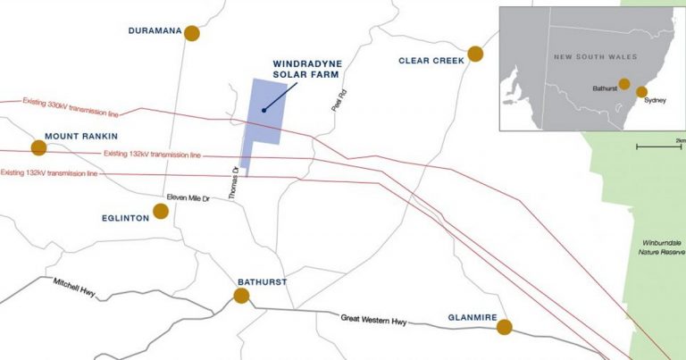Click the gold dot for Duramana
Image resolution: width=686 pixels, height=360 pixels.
[x=191, y=33]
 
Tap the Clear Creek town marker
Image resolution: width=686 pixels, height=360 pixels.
[x=475, y=54]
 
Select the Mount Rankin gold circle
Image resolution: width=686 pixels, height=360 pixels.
[x=38, y=148]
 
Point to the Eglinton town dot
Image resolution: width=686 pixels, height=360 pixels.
[x=161, y=211]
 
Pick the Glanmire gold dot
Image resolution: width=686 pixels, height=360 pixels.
[x=505, y=327]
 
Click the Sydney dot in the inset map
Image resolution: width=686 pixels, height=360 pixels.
[x=641, y=91]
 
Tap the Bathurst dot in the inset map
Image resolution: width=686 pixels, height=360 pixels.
[x=623, y=84]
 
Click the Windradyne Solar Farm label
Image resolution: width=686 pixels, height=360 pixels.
[x=306, y=70]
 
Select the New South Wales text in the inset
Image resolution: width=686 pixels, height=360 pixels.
[x=595, y=56]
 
